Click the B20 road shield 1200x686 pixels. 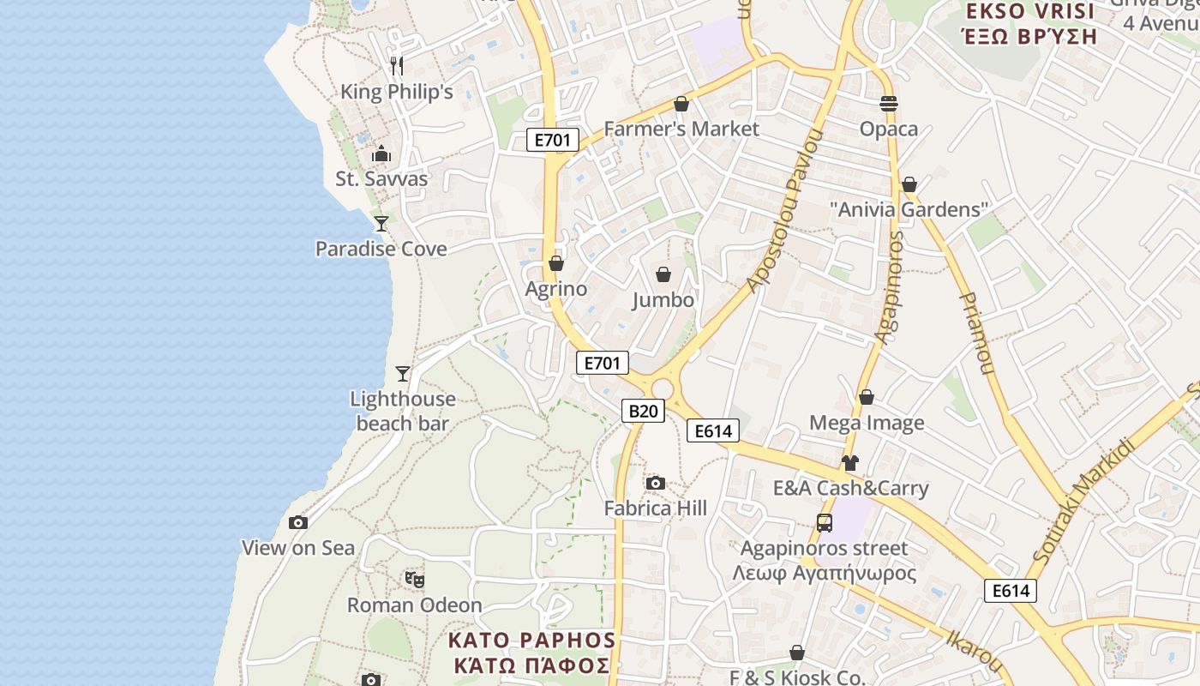click(643, 411)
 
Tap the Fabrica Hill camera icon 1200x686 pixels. click(656, 484)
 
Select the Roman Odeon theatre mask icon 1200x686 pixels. click(415, 580)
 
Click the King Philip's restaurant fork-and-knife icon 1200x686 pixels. click(396, 66)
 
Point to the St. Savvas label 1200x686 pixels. click(381, 179)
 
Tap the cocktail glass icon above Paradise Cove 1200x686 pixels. click(381, 224)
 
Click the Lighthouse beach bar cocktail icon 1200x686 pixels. click(403, 374)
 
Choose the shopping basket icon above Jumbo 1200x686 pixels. click(663, 274)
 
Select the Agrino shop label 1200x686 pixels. click(556, 289)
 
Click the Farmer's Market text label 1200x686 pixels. click(681, 129)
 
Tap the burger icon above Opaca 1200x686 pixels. click(889, 104)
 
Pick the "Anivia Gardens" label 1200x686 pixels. click(909, 209)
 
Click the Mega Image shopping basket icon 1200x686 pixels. click(867, 398)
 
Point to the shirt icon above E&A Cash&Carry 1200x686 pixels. click(849, 463)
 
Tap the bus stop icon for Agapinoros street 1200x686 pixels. click(825, 523)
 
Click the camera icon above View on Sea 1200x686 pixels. click(298, 522)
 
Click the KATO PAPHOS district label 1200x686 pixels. click(531, 641)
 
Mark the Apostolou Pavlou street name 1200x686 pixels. click(784, 211)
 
